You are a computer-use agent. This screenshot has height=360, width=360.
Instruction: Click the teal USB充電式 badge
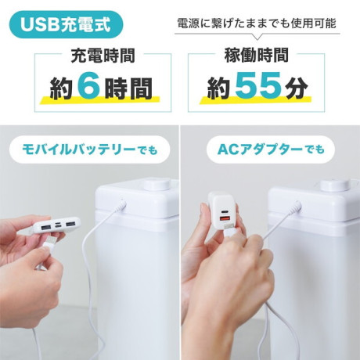tap(66, 25)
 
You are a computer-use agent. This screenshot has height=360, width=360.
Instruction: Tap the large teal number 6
tap(88, 88)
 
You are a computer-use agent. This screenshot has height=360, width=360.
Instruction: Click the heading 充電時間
tap(103, 56)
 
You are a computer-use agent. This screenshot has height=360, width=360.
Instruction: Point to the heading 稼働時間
tap(256, 55)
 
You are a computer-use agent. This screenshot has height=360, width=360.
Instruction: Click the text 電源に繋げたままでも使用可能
tap(257, 23)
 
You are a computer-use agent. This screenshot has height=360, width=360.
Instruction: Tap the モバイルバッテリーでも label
tap(90, 149)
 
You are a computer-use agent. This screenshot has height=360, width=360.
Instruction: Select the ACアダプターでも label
tap(271, 149)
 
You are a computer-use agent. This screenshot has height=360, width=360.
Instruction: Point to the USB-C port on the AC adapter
tap(225, 211)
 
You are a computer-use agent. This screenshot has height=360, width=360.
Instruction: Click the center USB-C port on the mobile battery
tap(58, 225)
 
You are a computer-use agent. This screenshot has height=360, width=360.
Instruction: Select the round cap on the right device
tap(333, 185)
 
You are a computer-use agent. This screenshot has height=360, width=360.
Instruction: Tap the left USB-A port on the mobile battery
tap(45, 227)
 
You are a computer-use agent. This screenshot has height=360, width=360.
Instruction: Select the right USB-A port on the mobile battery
tap(70, 223)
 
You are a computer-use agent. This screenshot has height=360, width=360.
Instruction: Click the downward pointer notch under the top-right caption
tap(257, 37)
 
